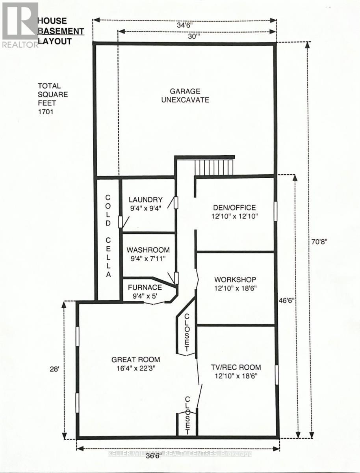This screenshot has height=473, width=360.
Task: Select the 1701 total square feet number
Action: pyautogui.click(x=45, y=112)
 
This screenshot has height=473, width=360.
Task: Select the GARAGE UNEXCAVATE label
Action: pyautogui.click(x=184, y=95)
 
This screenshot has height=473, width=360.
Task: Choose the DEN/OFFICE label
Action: pyautogui.click(x=234, y=208)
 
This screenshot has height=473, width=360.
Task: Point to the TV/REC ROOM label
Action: pyautogui.click(x=235, y=367)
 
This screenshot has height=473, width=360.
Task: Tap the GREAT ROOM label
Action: pyautogui.click(x=135, y=359)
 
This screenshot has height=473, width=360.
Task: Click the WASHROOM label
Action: pyautogui.click(x=148, y=250)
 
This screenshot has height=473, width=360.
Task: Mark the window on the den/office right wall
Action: pyautogui.click(x=275, y=212)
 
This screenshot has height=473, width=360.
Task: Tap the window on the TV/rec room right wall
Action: pyautogui.click(x=276, y=374)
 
